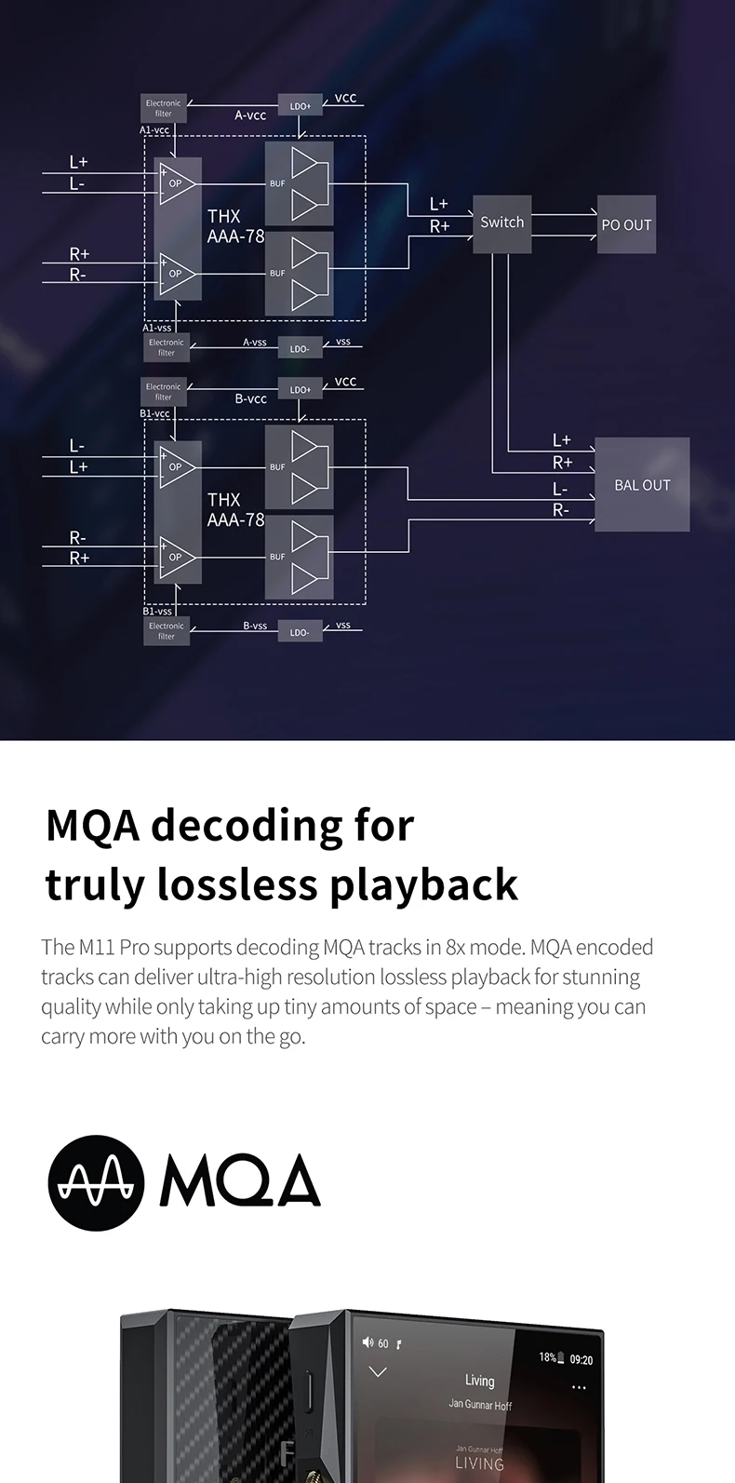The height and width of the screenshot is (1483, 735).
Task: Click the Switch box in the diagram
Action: tap(502, 223)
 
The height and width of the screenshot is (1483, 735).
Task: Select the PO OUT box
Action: tap(626, 224)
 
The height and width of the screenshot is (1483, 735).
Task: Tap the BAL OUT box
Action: tap(642, 484)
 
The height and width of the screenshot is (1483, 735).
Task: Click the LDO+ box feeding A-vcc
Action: tap(301, 105)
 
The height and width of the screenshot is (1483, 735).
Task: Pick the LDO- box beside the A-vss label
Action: tap(300, 348)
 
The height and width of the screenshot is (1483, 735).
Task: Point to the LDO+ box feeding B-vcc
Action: tap(301, 389)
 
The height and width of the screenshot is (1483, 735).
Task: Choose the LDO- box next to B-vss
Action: tap(300, 632)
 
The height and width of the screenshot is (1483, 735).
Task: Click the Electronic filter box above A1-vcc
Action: tap(164, 108)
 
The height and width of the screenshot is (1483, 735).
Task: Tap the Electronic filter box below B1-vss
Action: tap(167, 631)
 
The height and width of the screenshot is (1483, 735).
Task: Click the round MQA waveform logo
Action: tap(97, 1182)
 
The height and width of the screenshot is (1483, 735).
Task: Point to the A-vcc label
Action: tap(250, 115)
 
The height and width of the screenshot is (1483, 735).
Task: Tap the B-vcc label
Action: tap(250, 398)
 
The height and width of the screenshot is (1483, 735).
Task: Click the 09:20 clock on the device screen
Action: tap(581, 1360)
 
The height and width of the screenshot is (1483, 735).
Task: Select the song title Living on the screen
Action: tap(479, 1381)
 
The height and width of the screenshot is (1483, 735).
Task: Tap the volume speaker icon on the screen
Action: tap(367, 1342)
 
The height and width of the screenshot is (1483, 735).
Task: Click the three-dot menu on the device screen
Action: tap(579, 1387)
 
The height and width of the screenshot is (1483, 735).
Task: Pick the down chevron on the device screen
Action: tap(378, 1371)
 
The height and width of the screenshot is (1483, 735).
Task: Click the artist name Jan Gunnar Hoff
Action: tap(480, 1405)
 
